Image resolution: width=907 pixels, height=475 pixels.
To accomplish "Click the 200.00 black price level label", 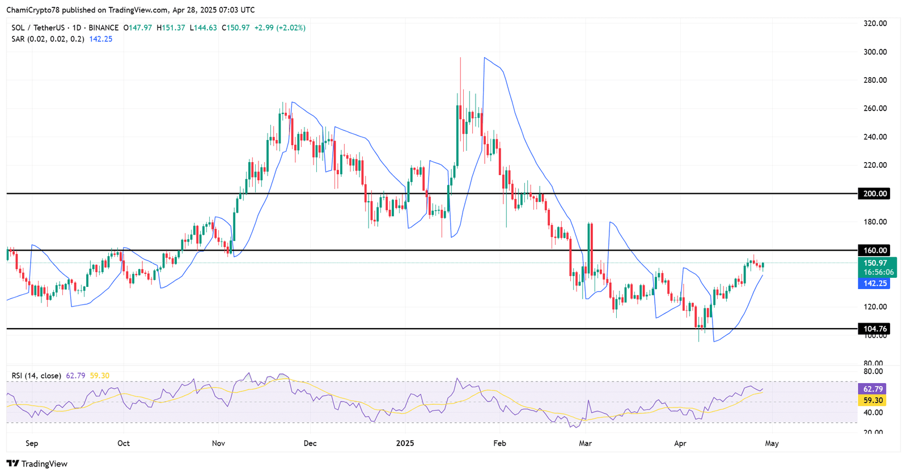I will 874,194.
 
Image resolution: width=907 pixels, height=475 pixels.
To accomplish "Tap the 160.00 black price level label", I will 874,251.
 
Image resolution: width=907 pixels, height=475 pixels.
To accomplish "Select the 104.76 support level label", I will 874,329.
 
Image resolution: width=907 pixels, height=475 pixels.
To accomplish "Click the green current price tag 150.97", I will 875,263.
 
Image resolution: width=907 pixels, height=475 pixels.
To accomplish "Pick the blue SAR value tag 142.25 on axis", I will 874,283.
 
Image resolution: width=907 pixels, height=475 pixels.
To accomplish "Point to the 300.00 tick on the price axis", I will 875,52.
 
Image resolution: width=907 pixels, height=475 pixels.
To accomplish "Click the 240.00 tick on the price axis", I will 875,137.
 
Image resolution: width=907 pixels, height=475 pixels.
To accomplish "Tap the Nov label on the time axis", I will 218,443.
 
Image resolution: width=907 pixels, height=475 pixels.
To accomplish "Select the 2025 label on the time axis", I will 405,443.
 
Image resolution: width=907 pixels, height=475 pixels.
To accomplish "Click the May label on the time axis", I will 772,443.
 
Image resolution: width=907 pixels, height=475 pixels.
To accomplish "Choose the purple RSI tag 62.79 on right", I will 873,389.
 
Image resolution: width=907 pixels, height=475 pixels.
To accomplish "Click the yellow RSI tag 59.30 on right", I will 873,400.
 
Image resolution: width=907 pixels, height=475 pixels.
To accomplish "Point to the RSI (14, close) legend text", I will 36,376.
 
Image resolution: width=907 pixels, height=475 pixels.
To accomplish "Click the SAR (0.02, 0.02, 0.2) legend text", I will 48,39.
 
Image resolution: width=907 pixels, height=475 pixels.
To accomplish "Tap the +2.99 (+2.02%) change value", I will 279,28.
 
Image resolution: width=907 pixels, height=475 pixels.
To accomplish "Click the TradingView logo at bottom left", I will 37,464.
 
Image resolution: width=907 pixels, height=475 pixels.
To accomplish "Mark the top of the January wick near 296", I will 460,58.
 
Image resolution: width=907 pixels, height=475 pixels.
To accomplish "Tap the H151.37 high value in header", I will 171,28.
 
